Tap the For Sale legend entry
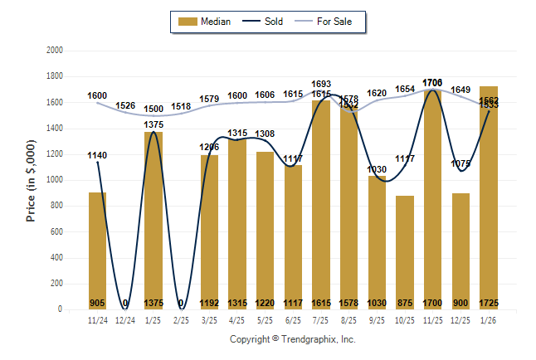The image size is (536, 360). [x=329, y=22]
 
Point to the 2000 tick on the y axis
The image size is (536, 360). [x=55, y=51]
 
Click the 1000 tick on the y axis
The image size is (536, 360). [x=55, y=180]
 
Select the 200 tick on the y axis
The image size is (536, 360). [x=57, y=284]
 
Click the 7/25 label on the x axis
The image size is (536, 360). [x=321, y=320]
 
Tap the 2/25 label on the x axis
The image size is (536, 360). [x=181, y=320]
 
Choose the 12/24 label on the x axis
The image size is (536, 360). [x=125, y=320]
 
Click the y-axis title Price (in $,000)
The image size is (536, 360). [x=31, y=180]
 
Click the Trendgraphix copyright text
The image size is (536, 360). [x=292, y=340]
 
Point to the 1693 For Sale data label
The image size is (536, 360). [x=321, y=84]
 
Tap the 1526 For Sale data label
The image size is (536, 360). [x=125, y=105]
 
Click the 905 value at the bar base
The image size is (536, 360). [x=98, y=303]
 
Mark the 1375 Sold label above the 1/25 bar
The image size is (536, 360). [x=153, y=124]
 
